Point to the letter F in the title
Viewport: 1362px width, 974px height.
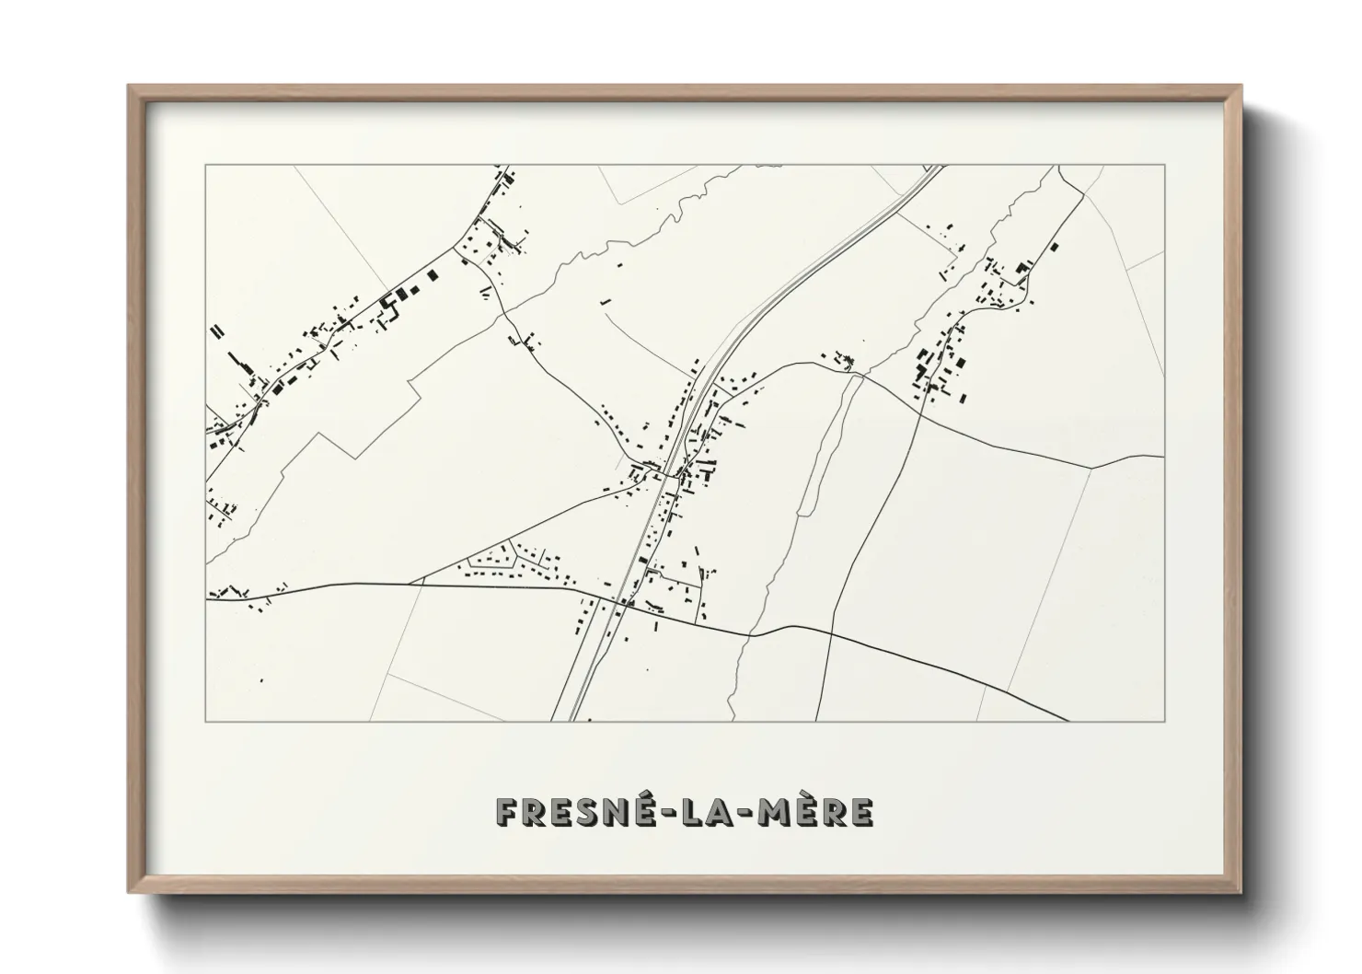click(507, 812)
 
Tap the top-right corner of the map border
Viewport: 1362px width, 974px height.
click(1164, 166)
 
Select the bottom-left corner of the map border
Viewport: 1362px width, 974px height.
click(206, 721)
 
